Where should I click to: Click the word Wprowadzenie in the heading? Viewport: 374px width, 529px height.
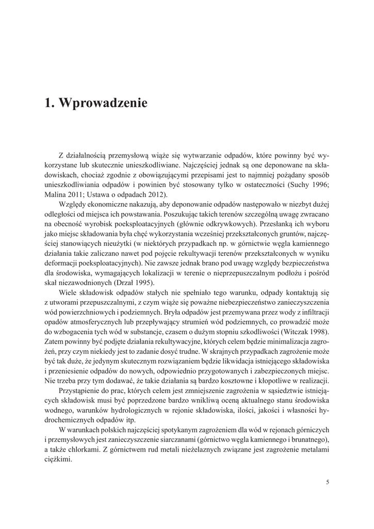pos(103,103)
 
